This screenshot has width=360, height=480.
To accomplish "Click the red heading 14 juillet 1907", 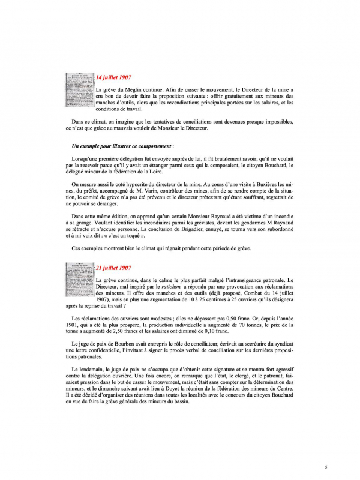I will coord(114,78).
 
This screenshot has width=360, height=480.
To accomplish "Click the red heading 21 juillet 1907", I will coord(114,268).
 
